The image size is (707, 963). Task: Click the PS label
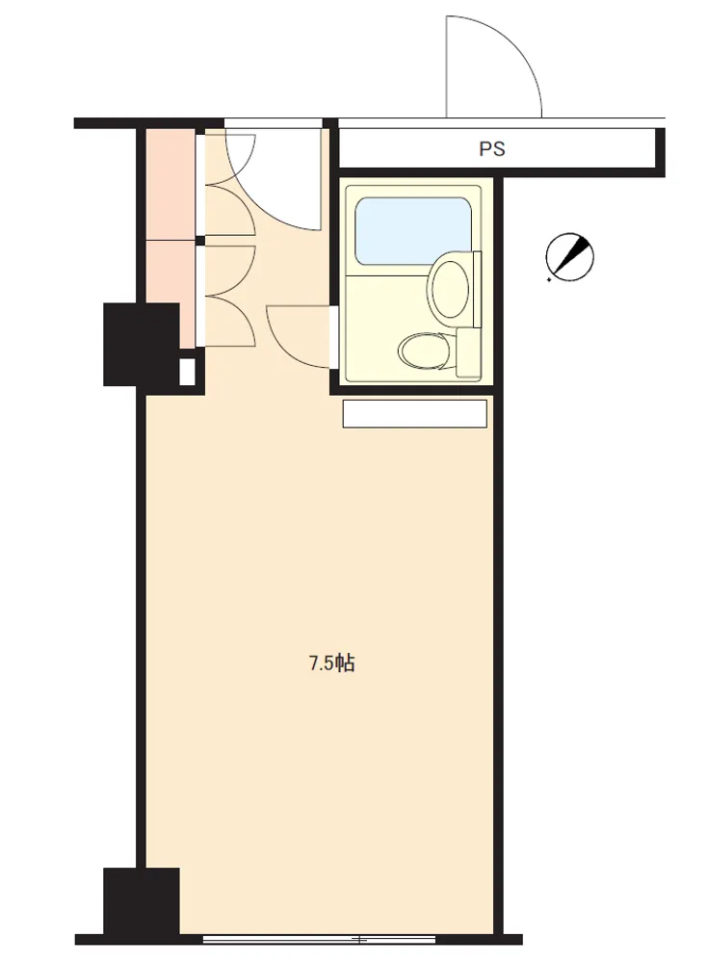tap(491, 148)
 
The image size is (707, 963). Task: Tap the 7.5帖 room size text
tap(331, 664)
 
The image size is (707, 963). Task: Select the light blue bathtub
tap(413, 229)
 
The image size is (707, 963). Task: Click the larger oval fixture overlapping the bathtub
tap(450, 287)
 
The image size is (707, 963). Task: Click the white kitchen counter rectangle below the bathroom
tap(414, 414)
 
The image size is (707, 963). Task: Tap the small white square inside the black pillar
tap(187, 371)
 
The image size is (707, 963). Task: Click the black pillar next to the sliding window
tap(142, 899)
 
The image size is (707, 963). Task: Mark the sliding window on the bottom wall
tap(320, 939)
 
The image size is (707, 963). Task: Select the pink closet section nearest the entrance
tap(170, 183)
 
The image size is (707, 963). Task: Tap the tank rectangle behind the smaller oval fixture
tap(469, 351)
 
